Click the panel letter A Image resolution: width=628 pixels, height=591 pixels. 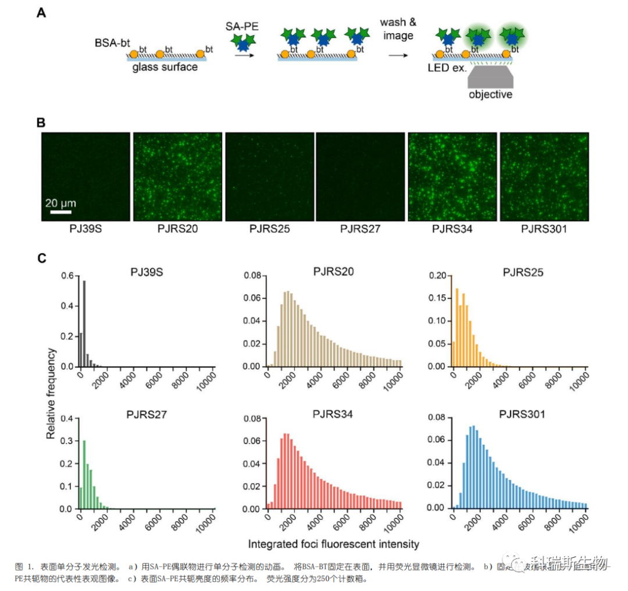[x=42, y=12]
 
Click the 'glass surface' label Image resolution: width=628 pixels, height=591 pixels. [x=165, y=67]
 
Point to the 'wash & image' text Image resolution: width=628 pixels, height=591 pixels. [x=398, y=29]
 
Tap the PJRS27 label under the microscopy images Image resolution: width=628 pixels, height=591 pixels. [x=360, y=229]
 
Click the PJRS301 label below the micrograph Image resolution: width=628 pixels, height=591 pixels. [x=543, y=229]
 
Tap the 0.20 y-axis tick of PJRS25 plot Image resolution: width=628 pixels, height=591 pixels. [x=438, y=276]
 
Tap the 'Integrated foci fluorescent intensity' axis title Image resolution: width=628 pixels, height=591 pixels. [x=333, y=544]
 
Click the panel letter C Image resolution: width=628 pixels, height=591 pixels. [x=42, y=257]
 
